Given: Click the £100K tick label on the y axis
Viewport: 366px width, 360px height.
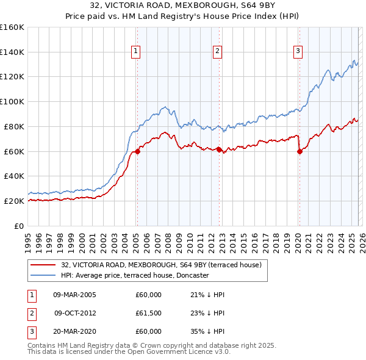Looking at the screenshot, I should click(12, 101).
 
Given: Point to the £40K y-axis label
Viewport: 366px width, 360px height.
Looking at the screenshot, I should click(13, 176).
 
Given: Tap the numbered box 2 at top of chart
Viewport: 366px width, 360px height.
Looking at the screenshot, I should click(217, 52).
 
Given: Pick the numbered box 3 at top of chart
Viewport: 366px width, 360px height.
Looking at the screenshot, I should click(298, 52).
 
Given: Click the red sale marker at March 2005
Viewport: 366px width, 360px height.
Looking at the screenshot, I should click(137, 152).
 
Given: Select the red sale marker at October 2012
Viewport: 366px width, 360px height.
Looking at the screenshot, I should click(219, 149).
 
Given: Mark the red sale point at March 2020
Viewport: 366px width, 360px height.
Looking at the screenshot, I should click(300, 152).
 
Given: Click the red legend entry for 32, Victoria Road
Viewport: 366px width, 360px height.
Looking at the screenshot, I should click(161, 265).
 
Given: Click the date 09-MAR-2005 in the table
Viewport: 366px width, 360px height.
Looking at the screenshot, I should click(75, 295).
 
